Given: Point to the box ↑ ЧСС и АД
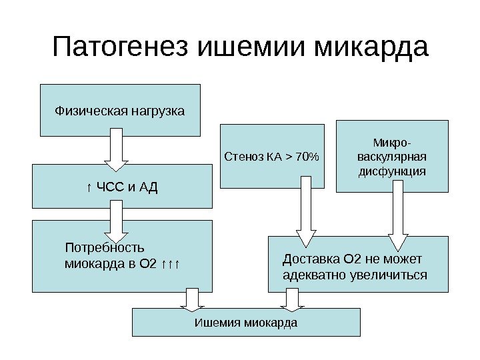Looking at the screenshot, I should (122, 187).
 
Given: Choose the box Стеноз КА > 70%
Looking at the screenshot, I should (273, 157).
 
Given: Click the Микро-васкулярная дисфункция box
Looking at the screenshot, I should (392, 157).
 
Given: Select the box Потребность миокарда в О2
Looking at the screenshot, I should (122, 257).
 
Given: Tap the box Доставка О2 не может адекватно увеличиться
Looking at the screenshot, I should (359, 265).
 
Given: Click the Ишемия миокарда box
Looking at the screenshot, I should (246, 323).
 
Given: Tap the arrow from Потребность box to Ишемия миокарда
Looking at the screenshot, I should (192, 300).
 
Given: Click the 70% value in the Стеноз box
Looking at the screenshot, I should (307, 157).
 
